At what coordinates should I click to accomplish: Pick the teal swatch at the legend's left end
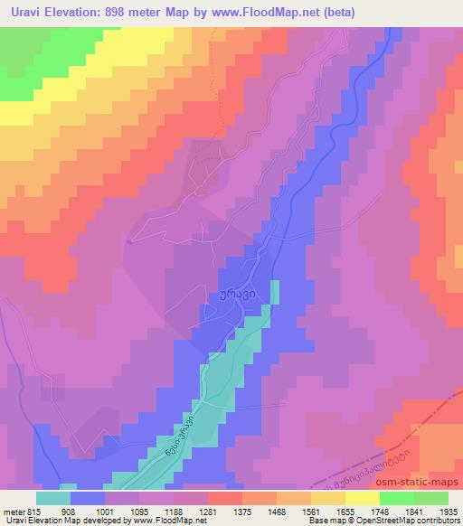pos(53,498)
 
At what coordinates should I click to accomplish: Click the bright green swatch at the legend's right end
pos(430,498)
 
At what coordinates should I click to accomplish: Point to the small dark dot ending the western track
pos(130,241)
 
